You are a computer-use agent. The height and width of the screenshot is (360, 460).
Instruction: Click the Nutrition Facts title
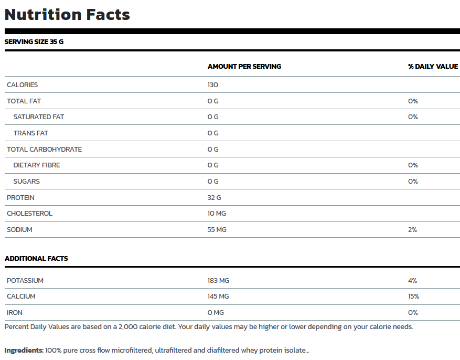click(x=67, y=15)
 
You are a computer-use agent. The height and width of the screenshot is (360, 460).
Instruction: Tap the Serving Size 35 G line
click(x=34, y=41)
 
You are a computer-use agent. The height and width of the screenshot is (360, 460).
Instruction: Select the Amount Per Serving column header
click(x=244, y=67)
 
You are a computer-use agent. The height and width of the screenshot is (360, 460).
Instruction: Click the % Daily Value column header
click(x=433, y=67)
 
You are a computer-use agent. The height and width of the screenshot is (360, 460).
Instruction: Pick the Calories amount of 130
click(x=213, y=85)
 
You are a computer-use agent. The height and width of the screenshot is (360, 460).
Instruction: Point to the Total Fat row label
click(x=24, y=101)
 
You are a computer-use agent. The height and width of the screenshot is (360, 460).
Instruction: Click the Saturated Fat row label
click(x=39, y=117)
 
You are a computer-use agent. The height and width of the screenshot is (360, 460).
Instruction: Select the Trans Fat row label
click(x=30, y=133)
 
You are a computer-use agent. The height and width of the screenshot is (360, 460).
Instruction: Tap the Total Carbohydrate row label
click(x=44, y=150)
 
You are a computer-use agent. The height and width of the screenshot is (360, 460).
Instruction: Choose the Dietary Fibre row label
click(x=37, y=165)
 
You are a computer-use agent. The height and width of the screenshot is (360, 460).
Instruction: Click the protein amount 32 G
click(x=214, y=198)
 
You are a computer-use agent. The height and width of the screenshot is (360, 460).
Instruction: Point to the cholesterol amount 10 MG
click(x=217, y=213)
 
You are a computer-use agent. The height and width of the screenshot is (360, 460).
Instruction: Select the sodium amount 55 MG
click(x=217, y=230)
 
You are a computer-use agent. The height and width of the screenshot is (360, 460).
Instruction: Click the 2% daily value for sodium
click(x=412, y=230)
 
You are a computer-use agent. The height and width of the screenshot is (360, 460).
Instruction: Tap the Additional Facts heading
click(x=36, y=259)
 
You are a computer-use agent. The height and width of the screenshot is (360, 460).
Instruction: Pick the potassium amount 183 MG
click(x=218, y=281)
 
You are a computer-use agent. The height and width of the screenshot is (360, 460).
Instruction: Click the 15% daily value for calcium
click(x=414, y=297)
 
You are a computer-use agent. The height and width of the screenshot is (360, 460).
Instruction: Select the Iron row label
click(x=15, y=313)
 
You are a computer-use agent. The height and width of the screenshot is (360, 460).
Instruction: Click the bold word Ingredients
click(x=24, y=351)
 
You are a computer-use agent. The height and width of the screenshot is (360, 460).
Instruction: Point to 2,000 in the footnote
click(x=128, y=327)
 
